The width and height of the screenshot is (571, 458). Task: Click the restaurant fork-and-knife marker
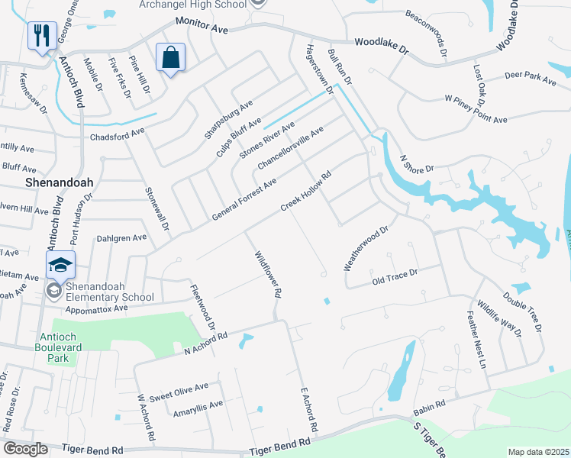tap(41, 35)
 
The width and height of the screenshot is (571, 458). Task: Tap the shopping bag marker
tap(170, 58)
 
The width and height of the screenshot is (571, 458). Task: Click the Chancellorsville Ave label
tap(290, 148)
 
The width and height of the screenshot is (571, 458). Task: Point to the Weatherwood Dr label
tap(366, 247)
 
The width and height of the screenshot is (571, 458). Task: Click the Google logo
tap(25, 449)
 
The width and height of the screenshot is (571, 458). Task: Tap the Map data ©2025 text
tap(538, 452)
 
